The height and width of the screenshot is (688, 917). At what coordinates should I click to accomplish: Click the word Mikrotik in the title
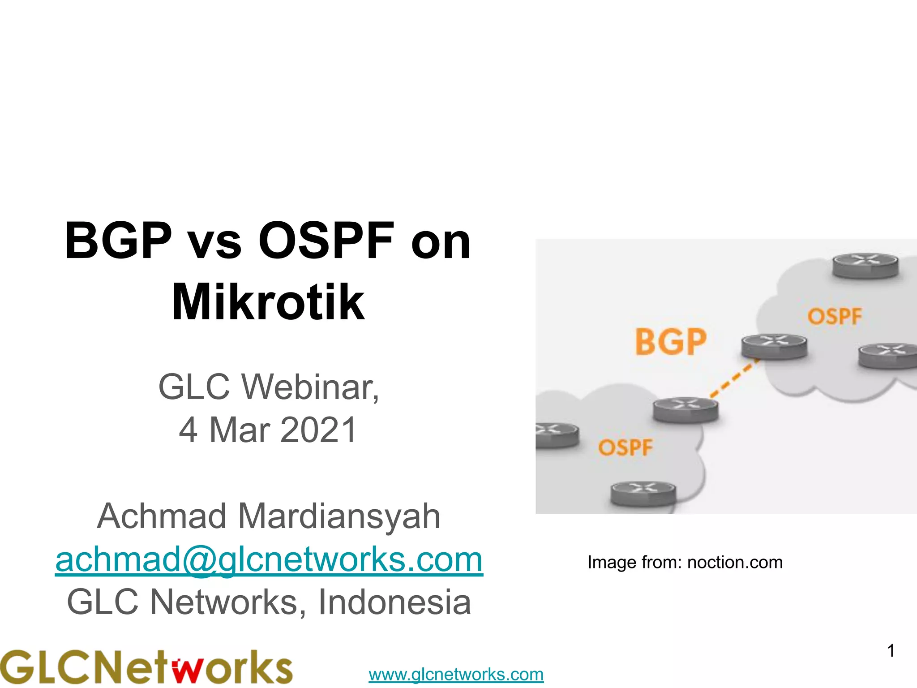click(x=268, y=302)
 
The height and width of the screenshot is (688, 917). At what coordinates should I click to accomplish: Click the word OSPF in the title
click(x=326, y=241)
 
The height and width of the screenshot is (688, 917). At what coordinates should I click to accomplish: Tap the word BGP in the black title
click(x=118, y=241)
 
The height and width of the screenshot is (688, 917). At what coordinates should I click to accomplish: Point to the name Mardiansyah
click(x=339, y=516)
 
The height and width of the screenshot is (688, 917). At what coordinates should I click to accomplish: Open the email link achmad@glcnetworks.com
click(x=269, y=559)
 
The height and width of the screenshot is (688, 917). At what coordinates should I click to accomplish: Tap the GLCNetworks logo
click(x=146, y=667)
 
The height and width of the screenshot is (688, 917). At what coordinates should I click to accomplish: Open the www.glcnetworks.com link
click(x=456, y=674)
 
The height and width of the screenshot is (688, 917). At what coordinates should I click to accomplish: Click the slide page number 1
click(x=891, y=650)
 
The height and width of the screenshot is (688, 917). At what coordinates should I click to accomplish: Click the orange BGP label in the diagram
click(x=670, y=342)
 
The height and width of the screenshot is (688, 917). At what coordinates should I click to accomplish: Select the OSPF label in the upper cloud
click(x=835, y=317)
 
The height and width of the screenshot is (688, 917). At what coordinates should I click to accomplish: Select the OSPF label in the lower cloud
click(x=625, y=447)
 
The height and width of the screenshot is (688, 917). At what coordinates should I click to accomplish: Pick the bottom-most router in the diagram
click(x=643, y=493)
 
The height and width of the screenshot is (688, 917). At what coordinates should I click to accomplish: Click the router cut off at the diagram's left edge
click(x=555, y=435)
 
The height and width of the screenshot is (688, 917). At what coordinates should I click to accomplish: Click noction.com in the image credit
click(x=734, y=562)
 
